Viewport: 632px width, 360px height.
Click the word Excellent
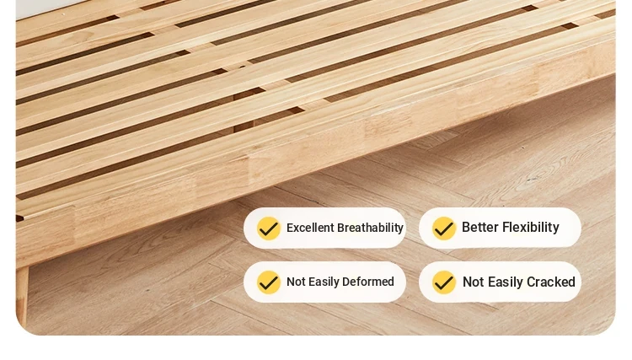310,228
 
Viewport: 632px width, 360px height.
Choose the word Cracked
551,282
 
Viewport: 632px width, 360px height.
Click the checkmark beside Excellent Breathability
269,228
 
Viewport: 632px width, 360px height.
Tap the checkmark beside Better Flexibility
444,228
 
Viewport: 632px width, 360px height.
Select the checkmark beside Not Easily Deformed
269,282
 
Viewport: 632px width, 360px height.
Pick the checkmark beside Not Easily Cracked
444,282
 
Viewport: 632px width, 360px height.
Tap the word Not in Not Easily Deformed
296,282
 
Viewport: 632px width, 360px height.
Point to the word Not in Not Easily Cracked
474,282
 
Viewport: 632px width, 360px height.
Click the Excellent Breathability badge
325,228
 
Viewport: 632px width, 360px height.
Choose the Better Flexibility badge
500,228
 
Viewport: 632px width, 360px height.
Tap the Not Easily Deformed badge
325,282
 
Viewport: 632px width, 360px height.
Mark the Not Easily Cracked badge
500,282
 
